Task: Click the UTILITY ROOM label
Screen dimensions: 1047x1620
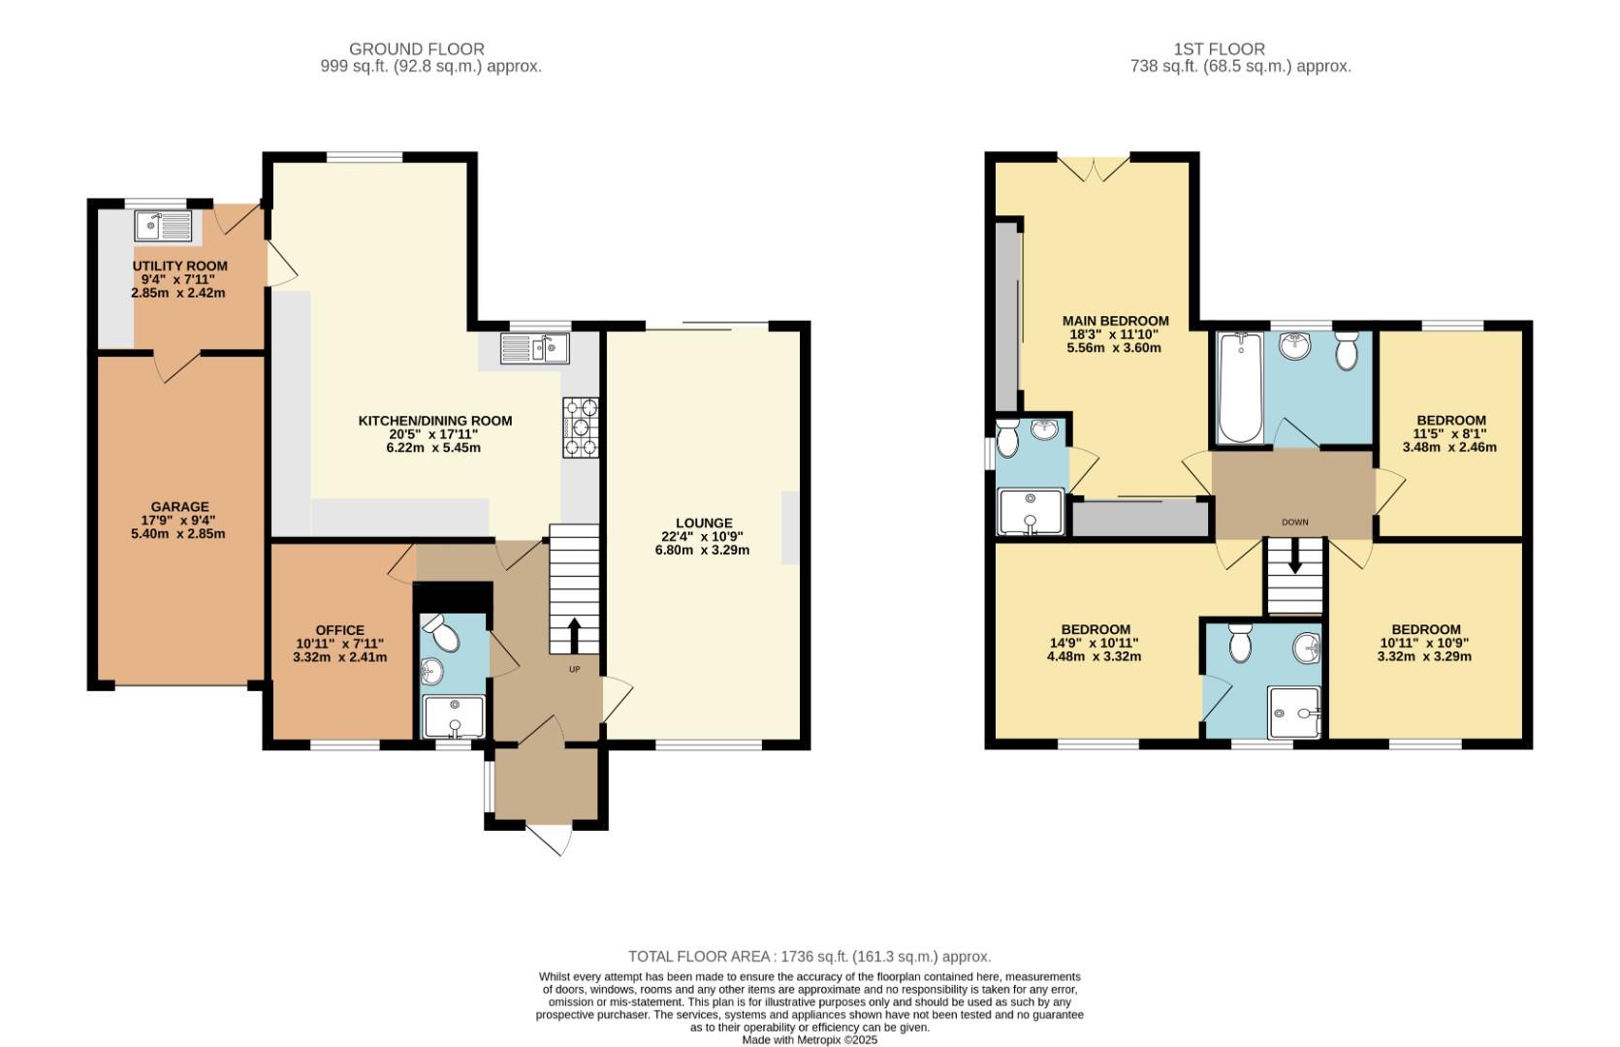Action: coord(179,266)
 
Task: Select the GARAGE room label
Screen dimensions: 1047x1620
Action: coord(179,506)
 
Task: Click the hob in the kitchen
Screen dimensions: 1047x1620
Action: coord(580,427)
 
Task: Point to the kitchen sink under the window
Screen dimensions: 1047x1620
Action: coord(535,347)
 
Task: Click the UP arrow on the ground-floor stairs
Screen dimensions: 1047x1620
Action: coord(574,636)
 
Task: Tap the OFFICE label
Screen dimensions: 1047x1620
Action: coord(339,630)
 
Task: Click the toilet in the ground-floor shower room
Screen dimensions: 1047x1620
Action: coord(444,636)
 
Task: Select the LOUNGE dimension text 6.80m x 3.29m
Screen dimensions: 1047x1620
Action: coord(702,550)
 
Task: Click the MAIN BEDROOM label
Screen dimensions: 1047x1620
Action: coord(1115,321)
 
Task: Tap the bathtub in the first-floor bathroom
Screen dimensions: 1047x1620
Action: coord(1239,386)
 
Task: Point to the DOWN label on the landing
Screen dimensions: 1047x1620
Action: coord(1294,522)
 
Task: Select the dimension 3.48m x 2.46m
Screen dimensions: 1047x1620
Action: coord(1449,447)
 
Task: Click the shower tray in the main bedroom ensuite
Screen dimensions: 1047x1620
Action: coord(1031,510)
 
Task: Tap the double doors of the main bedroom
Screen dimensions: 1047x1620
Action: coord(1093,169)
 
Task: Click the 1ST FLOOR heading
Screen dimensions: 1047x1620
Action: coord(1219,48)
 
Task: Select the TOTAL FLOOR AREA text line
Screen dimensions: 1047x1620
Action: coord(810,956)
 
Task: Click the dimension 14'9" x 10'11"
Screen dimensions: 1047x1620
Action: coord(1094,643)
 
